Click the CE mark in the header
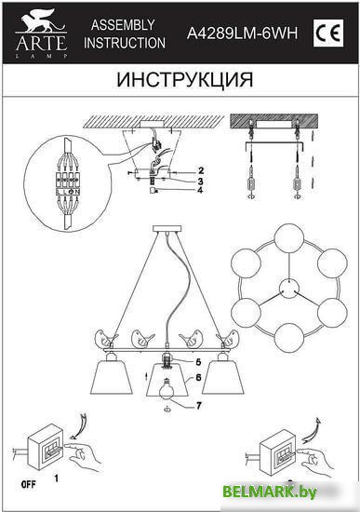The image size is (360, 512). click(x=328, y=34)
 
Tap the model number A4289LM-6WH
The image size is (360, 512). click(x=242, y=33)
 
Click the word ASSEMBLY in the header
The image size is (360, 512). click(x=123, y=25)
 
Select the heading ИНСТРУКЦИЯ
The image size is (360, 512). click(x=185, y=79)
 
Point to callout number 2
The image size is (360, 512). click(x=201, y=170)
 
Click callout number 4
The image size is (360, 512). click(x=200, y=189)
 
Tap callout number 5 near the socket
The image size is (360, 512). click(x=198, y=362)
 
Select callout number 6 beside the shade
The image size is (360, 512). click(x=198, y=377)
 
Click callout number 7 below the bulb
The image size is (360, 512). click(x=199, y=405)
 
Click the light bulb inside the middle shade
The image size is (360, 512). click(x=167, y=389)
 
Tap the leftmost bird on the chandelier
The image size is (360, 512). click(x=106, y=339)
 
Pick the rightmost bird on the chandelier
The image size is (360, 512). click(x=229, y=339)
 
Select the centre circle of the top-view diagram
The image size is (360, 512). click(x=289, y=288)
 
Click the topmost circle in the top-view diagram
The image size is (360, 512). click(x=289, y=238)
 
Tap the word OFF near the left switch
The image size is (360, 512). click(x=29, y=485)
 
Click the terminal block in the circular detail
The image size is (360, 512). click(x=68, y=183)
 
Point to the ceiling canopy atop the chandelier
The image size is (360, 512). click(x=167, y=229)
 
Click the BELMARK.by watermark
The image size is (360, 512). click(x=270, y=492)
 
